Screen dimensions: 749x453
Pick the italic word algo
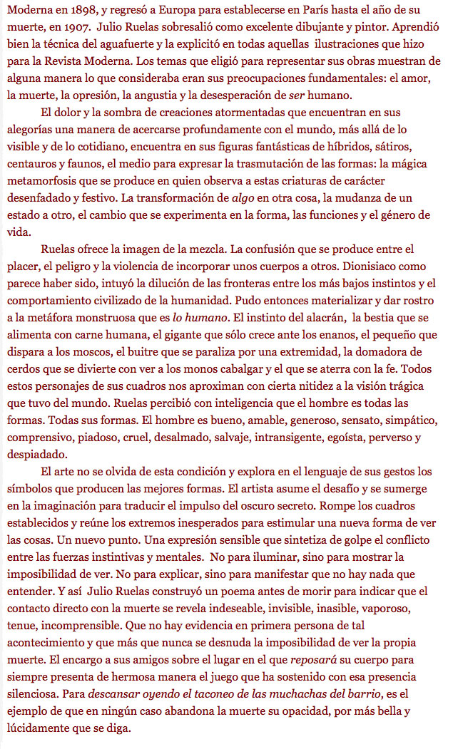(x=232, y=197)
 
